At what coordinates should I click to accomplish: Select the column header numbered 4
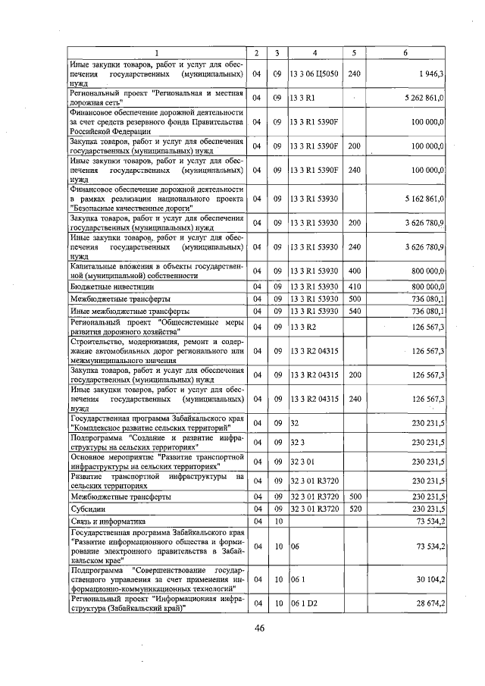coord(314,52)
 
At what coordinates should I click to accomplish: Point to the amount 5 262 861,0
coord(419,98)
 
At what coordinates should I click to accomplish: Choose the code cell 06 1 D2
coord(305,604)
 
